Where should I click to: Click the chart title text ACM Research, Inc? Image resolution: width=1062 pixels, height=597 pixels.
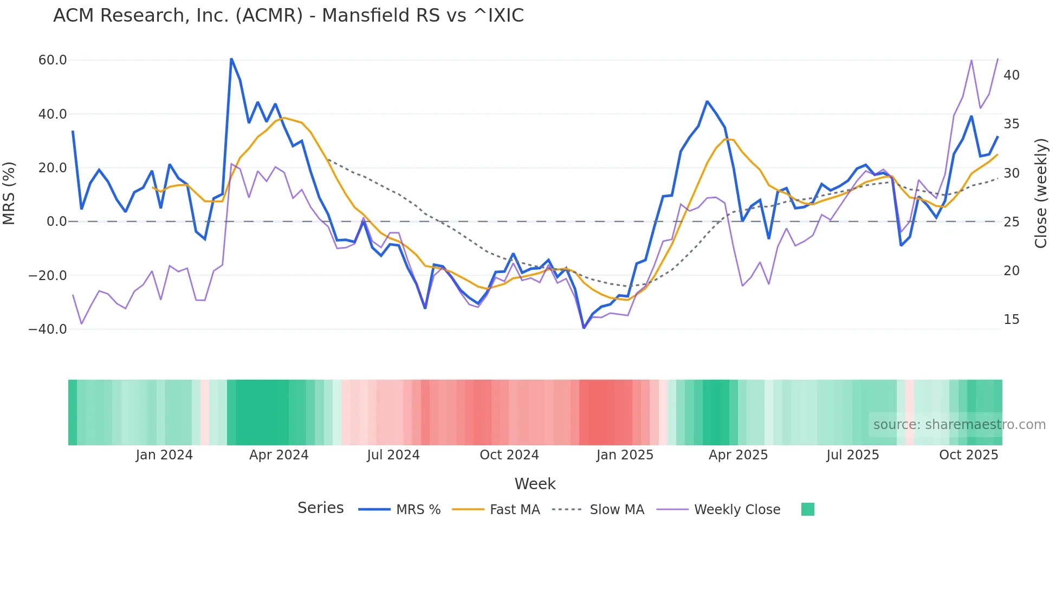288,16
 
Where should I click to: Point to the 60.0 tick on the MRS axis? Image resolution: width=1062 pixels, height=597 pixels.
53,60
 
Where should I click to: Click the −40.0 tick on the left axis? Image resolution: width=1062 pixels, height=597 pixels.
48,329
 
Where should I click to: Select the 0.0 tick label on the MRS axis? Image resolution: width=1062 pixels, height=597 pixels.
56,222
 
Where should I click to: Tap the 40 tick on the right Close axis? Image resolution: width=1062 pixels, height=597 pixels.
1011,75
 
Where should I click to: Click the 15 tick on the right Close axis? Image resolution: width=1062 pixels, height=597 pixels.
1011,320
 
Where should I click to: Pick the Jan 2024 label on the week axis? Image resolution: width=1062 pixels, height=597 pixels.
164,455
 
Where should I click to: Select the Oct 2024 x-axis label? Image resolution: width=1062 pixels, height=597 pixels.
509,455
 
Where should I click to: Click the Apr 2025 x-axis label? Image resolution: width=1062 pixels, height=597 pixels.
738,455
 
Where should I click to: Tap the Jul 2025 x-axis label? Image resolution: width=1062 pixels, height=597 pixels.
852,455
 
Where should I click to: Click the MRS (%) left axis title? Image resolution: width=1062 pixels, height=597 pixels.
9,193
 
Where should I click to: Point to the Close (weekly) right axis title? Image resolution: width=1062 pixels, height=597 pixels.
1040,193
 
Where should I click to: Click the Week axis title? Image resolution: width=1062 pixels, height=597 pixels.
535,484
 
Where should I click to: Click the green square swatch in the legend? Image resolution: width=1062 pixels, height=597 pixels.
807,509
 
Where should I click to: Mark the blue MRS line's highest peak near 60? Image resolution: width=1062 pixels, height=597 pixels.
231,59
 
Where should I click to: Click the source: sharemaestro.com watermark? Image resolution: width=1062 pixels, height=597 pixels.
959,425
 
